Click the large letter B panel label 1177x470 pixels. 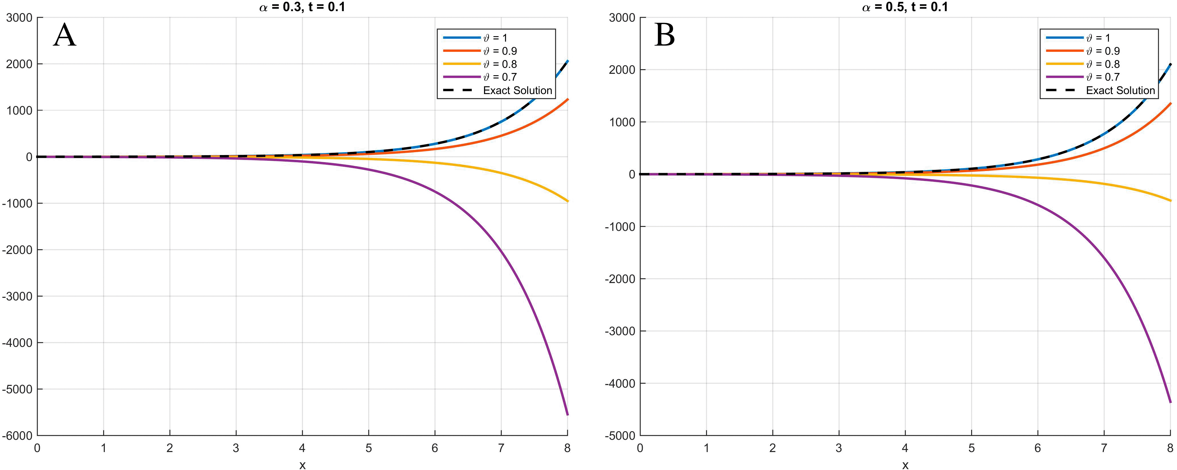point(665,36)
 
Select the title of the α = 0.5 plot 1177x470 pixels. point(905,7)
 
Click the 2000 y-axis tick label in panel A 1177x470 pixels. point(19,64)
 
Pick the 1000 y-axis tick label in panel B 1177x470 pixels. point(622,122)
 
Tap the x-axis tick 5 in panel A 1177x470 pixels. point(368,448)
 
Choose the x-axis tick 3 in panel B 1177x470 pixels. point(839,448)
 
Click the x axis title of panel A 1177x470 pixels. point(302,465)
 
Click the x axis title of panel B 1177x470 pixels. point(905,465)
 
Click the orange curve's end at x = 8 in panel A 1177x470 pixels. point(567,99)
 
